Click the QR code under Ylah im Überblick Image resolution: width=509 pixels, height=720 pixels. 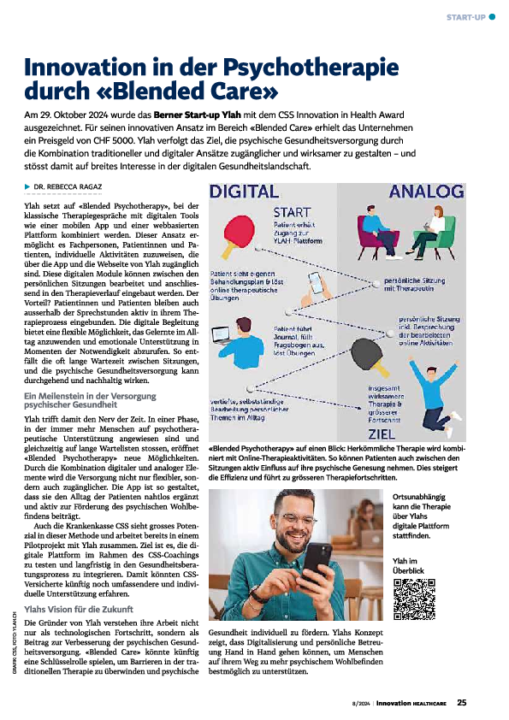coord(414,599)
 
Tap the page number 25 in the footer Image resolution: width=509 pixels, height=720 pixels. coord(461,704)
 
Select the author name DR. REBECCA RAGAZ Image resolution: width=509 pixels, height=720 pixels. coord(69,186)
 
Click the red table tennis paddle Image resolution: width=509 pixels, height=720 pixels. coord(240,232)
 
